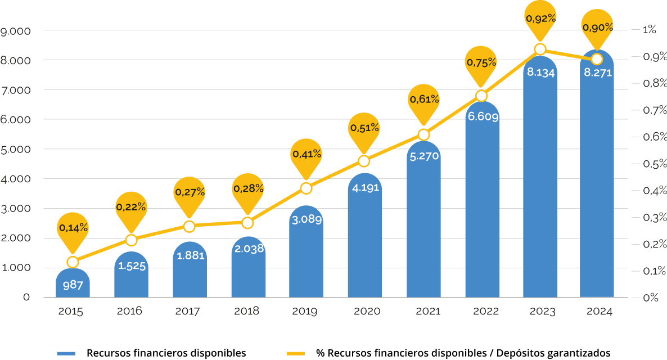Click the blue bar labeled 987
click(x=73, y=284)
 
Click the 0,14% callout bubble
click(x=73, y=228)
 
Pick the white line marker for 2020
click(x=364, y=161)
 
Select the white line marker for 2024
click(x=597, y=59)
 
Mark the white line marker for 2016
click(x=131, y=240)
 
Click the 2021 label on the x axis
click(x=423, y=312)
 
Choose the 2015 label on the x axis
click(x=71, y=312)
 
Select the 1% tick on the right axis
click(x=650, y=30)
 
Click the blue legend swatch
click(x=66, y=353)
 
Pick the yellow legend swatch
click(x=296, y=353)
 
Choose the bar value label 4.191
click(x=366, y=188)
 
